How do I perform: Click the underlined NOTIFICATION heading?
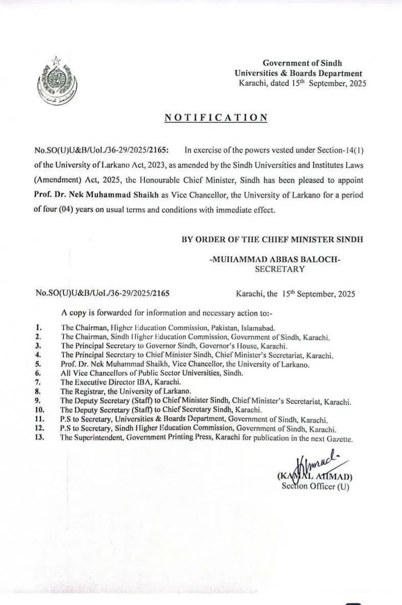(x=216, y=118)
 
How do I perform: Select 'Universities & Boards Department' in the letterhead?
(x=298, y=74)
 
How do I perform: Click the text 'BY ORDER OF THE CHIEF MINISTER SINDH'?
(x=272, y=239)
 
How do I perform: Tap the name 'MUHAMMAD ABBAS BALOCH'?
(x=275, y=260)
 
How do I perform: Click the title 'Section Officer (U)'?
(x=315, y=486)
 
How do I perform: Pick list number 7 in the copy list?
(x=38, y=382)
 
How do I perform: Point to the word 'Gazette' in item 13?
(x=338, y=439)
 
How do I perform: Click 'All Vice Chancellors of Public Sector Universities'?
(x=145, y=373)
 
